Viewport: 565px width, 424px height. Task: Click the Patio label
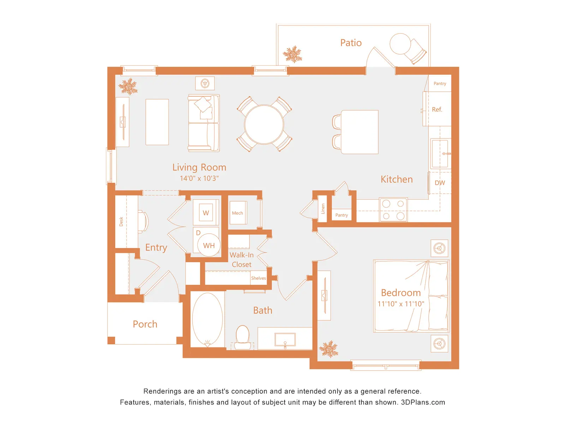pyautogui.click(x=351, y=43)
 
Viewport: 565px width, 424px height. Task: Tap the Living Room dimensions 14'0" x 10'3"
pyautogui.click(x=199, y=178)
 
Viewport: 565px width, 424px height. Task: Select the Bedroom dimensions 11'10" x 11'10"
pyautogui.click(x=400, y=304)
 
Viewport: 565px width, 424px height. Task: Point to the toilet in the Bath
pyautogui.click(x=242, y=337)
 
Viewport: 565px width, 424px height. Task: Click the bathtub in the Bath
pyautogui.click(x=207, y=319)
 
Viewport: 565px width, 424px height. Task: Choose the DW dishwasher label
pyautogui.click(x=440, y=183)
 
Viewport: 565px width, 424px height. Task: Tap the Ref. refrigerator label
pyautogui.click(x=437, y=110)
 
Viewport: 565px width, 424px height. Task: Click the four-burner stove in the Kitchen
pyautogui.click(x=393, y=210)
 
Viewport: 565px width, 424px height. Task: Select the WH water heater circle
pyautogui.click(x=209, y=245)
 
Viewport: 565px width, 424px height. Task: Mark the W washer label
pyautogui.click(x=206, y=213)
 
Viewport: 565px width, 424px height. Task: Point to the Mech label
pyautogui.click(x=237, y=213)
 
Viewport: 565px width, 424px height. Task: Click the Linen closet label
pyautogui.click(x=323, y=208)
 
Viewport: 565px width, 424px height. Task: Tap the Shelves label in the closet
pyautogui.click(x=258, y=278)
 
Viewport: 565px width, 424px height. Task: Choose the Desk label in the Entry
pyautogui.click(x=121, y=222)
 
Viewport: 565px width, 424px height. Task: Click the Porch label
pyautogui.click(x=145, y=324)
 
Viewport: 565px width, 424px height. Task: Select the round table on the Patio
pyautogui.click(x=400, y=44)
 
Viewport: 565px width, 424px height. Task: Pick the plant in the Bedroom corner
pyautogui.click(x=328, y=349)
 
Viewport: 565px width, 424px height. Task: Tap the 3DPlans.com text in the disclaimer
pyautogui.click(x=423, y=402)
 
